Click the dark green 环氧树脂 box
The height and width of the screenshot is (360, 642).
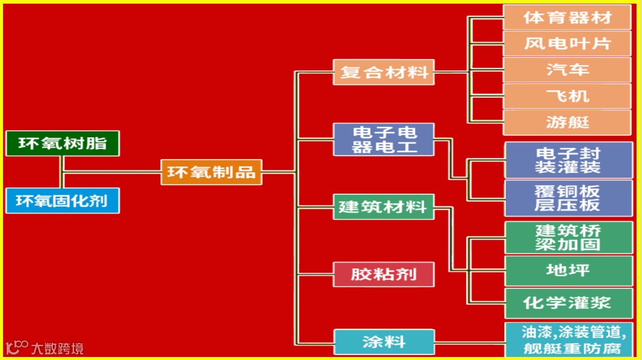pyautogui.click(x=62, y=143)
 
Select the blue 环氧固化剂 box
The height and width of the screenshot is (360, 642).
pyautogui.click(x=62, y=200)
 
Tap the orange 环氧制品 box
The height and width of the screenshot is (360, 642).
pyautogui.click(x=211, y=172)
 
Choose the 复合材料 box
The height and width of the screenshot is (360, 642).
pyautogui.click(x=384, y=72)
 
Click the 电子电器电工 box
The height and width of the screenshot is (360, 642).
pyautogui.click(x=384, y=140)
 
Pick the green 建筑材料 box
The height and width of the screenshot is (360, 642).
pyautogui.click(x=384, y=206)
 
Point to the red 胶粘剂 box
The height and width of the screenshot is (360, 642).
pyautogui.click(x=384, y=274)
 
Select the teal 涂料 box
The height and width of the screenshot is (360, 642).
pyautogui.click(x=384, y=341)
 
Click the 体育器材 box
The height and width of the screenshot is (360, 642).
pyautogui.click(x=567, y=18)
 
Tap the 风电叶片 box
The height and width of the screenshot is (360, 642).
pyautogui.click(x=567, y=44)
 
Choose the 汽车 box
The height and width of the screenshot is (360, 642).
pyautogui.click(x=567, y=70)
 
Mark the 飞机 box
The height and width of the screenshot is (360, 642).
pyautogui.click(x=567, y=96)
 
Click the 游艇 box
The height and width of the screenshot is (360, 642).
pyautogui.click(x=567, y=122)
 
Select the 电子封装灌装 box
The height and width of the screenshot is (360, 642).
pyautogui.click(x=568, y=160)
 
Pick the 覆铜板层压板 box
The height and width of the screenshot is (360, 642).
pyautogui.click(x=568, y=198)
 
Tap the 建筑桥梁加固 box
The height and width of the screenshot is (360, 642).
pyautogui.click(x=568, y=237)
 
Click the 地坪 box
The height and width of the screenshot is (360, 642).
pyautogui.click(x=568, y=270)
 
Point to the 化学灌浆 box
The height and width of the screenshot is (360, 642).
pyautogui.click(x=568, y=303)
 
